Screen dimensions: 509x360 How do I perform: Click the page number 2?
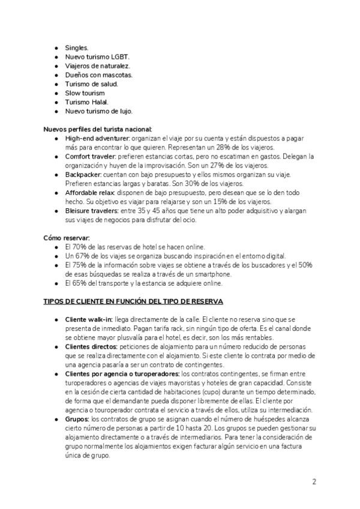(314, 481)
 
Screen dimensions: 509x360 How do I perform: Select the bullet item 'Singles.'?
(77, 47)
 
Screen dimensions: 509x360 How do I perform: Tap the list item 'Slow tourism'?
(85, 93)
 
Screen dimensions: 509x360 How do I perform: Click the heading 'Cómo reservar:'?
(65, 238)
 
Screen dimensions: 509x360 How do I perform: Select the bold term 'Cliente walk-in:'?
(88, 319)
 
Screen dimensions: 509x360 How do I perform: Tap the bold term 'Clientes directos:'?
(92, 346)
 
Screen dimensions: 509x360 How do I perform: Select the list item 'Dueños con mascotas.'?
(98, 74)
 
